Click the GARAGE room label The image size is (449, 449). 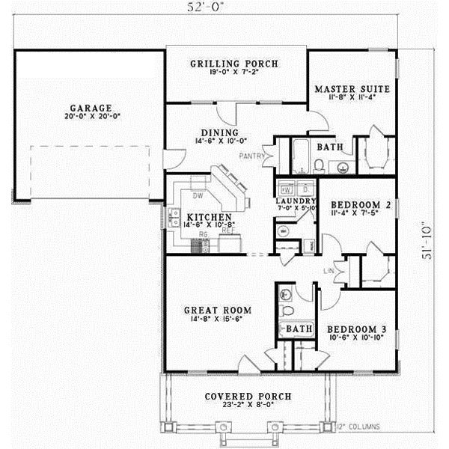pos(87,106)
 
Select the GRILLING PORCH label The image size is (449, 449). pos(236,64)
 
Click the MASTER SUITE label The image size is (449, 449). pos(352,89)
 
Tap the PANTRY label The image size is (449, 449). pos(250,156)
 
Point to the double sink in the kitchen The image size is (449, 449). pos(174,218)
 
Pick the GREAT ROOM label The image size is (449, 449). pos(217,309)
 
